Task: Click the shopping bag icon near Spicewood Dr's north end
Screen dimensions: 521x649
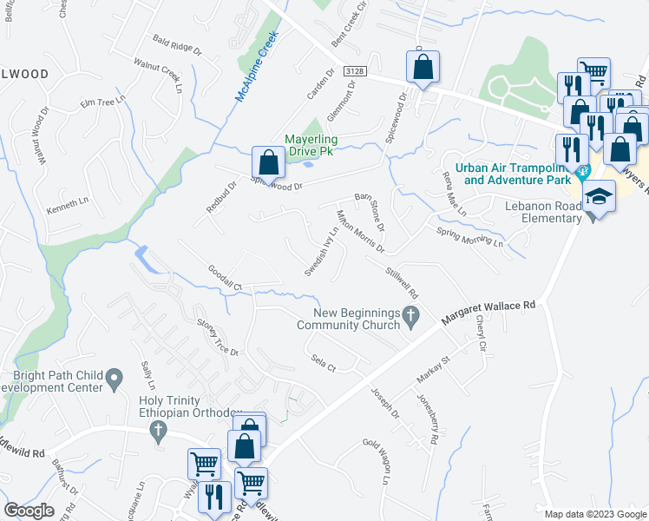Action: (423, 67)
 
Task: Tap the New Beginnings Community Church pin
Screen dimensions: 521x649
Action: (413, 313)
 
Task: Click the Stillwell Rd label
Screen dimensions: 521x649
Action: (403, 283)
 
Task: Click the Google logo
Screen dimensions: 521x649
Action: (29, 511)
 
